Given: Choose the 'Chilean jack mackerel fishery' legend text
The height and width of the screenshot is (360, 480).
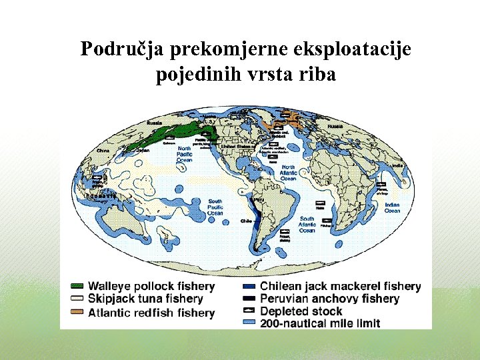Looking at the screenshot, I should pyautogui.click(x=340, y=287).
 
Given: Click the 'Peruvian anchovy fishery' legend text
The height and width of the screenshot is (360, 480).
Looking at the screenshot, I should pyautogui.click(x=329, y=299).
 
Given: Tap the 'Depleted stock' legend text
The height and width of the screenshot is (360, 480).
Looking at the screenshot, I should pyautogui.click(x=301, y=311).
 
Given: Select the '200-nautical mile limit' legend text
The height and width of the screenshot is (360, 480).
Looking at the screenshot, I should pyautogui.click(x=320, y=323).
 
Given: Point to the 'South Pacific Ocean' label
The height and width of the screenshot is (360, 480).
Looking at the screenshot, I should pyautogui.click(x=215, y=207).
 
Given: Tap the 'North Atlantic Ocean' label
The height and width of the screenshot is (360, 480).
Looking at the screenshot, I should pyautogui.click(x=288, y=173).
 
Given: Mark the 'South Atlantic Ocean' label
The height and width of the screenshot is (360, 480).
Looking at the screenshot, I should pyautogui.click(x=307, y=225).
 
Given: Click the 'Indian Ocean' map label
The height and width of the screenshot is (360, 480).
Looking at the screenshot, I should pyautogui.click(x=392, y=207).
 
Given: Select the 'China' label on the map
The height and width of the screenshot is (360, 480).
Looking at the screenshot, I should pyautogui.click(x=103, y=151).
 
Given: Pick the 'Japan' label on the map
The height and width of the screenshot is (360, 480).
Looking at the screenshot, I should pyautogui.click(x=143, y=151).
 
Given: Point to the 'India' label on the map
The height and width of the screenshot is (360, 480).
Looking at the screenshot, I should pyautogui.click(x=397, y=165).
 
